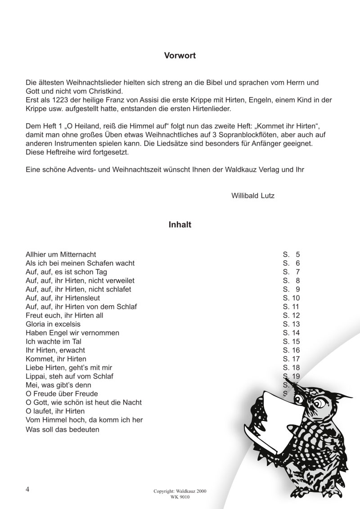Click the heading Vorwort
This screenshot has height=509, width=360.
click(180, 56)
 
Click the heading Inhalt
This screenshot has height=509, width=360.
click(180, 225)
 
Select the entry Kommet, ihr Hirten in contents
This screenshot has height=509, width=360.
click(56, 359)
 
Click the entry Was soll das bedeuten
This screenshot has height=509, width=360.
click(63, 429)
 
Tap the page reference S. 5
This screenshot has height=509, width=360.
click(291, 254)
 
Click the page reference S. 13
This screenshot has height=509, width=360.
click(291, 324)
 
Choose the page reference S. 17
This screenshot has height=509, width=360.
click(291, 359)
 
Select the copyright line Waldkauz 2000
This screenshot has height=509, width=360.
click(180, 492)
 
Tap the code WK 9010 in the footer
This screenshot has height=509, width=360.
click(180, 498)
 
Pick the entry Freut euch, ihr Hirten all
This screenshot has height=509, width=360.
click(64, 315)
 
